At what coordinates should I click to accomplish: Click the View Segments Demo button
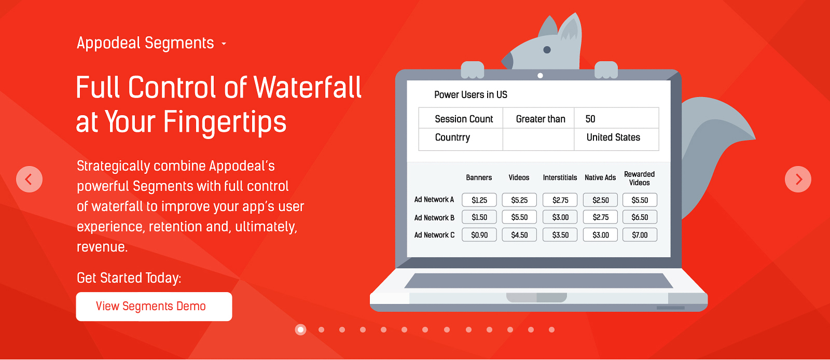[x=154, y=306]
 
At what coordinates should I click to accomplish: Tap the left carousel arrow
[x=29, y=179]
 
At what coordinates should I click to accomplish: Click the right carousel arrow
[x=798, y=179]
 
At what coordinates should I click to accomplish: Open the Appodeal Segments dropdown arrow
[x=224, y=44]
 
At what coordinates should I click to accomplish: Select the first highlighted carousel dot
[x=300, y=329]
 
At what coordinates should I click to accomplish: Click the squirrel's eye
[x=547, y=50]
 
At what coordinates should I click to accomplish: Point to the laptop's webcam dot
[x=540, y=76]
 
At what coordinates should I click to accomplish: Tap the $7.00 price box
[x=640, y=235]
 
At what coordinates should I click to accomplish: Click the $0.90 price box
[x=479, y=235]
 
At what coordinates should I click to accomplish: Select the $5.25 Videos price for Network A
[x=519, y=200]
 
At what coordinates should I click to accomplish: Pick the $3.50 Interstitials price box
[x=560, y=235]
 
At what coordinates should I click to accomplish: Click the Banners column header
[x=479, y=177]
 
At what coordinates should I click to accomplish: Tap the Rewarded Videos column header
[x=639, y=178]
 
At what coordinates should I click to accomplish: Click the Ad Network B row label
[x=434, y=218]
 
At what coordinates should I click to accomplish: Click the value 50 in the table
[x=590, y=119]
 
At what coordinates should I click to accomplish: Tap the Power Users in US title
[x=471, y=95]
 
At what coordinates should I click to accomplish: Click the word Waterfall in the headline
[x=308, y=88]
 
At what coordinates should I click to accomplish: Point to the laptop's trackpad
[x=536, y=297]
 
